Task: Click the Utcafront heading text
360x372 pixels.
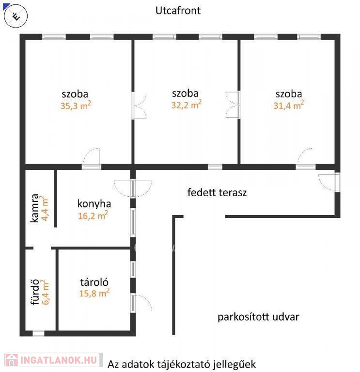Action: click(178, 11)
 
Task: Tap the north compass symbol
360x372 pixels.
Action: click(16, 16)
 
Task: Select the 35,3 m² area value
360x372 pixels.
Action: click(76, 105)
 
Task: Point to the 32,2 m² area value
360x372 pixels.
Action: click(187, 104)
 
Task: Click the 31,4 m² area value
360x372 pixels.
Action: click(289, 105)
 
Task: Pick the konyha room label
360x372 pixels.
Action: click(94, 204)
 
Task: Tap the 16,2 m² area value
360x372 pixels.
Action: click(93, 215)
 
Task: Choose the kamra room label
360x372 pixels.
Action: click(35, 208)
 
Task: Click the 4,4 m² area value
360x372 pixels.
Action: click(45, 208)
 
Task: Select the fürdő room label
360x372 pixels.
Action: click(35, 292)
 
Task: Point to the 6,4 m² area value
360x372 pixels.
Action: click(46, 292)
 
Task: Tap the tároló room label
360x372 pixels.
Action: click(94, 282)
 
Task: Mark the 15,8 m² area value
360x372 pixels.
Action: click(94, 293)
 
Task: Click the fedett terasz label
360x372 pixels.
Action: click(217, 192)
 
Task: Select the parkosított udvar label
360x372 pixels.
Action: click(258, 317)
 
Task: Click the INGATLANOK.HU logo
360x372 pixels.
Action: click(54, 360)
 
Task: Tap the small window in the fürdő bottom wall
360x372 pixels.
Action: click(38, 333)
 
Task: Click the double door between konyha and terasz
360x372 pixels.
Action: click(133, 188)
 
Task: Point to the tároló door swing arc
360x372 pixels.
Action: click(145, 302)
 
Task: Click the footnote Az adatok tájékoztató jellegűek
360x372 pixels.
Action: click(182, 364)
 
